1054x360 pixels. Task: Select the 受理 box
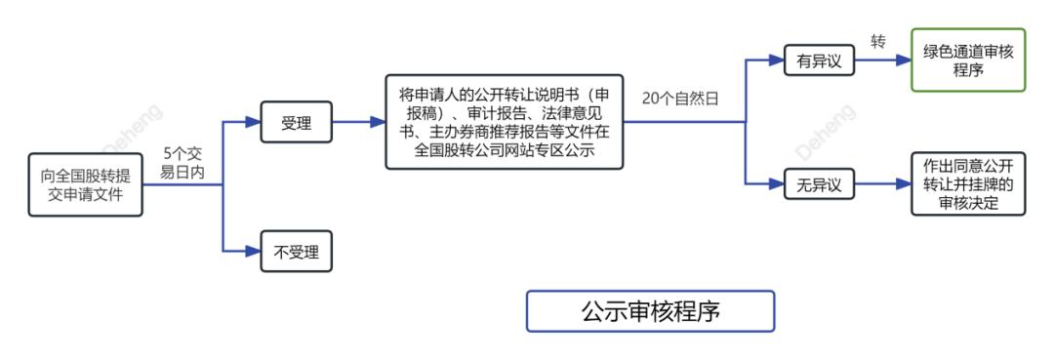point(296,123)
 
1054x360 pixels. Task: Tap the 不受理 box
point(296,252)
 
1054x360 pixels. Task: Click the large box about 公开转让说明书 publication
point(504,122)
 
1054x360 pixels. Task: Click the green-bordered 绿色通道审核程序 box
point(968,60)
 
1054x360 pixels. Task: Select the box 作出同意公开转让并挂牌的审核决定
point(968,183)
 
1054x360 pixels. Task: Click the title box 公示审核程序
point(650,311)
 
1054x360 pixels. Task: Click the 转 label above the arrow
point(878,42)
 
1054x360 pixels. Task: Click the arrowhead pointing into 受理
point(255,123)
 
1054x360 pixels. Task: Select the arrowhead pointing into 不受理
point(255,252)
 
